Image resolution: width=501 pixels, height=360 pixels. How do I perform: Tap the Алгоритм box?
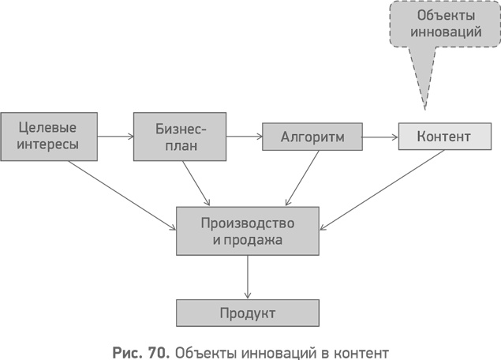click(x=312, y=137)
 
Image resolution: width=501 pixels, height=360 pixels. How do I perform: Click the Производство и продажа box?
click(x=248, y=231)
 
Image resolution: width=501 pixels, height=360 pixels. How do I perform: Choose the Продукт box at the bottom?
click(x=248, y=313)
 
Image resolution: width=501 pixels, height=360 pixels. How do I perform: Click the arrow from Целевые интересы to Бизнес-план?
click(x=117, y=137)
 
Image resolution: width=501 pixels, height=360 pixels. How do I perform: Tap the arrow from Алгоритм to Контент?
click(x=379, y=137)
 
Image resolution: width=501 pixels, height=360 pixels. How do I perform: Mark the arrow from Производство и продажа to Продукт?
click(x=248, y=276)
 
